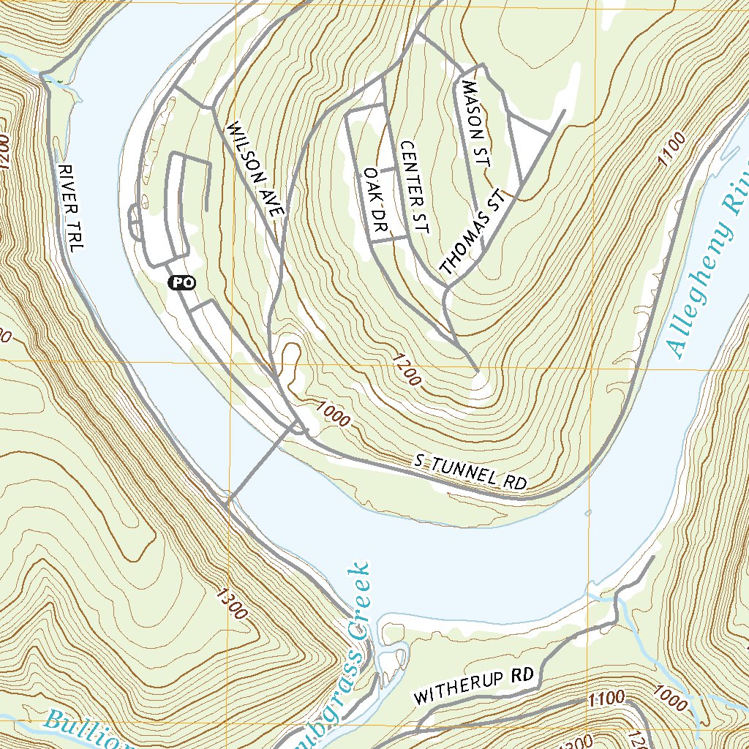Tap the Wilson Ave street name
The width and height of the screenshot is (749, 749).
255,169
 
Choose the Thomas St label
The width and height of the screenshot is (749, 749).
473,233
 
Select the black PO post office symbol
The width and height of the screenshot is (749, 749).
182,282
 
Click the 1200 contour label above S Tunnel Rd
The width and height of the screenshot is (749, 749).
406,370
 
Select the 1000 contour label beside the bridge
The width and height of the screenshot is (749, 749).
334,414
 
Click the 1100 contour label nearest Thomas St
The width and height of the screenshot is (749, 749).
672,149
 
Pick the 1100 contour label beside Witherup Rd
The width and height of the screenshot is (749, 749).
604,698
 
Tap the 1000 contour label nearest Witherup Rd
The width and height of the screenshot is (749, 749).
671,700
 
